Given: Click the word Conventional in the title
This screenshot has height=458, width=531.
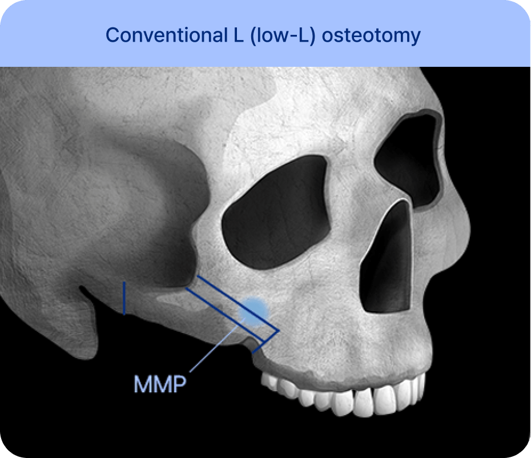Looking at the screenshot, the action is pos(167,35).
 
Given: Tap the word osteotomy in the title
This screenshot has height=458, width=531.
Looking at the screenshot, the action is pos(371,36).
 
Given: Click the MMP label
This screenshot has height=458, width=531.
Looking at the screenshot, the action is pos(160,384).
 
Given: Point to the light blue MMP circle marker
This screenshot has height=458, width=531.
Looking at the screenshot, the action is pos(254,312).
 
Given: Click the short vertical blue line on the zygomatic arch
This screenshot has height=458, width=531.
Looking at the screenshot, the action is pos(124,298).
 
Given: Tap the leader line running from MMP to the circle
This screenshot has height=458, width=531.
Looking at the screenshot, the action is pos(217,345).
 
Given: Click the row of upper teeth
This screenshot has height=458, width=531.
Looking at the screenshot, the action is pos(342,395).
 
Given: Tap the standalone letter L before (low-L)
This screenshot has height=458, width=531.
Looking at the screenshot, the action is pos(239,35).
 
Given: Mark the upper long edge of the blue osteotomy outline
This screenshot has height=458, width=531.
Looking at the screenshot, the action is pos(238,303).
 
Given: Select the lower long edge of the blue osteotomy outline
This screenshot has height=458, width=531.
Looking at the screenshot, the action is pos(224,315).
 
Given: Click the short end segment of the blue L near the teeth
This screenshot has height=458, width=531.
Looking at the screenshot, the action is pos(266,342).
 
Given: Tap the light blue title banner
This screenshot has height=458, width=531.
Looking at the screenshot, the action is pos(265,33).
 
